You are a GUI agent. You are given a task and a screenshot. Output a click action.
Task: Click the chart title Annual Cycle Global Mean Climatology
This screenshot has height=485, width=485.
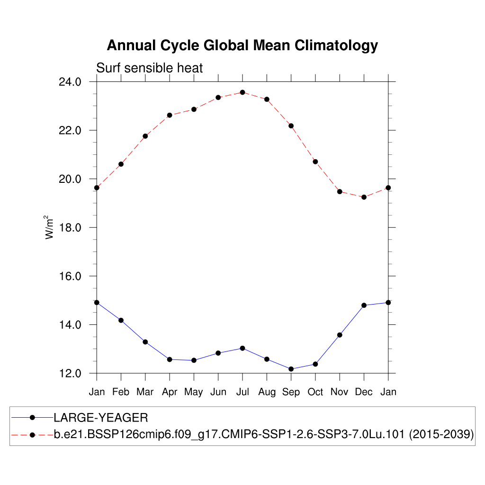(x=242, y=45)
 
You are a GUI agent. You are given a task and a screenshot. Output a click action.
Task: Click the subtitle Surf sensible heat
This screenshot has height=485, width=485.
(x=149, y=68)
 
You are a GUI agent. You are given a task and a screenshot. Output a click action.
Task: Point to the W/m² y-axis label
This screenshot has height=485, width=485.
(x=49, y=227)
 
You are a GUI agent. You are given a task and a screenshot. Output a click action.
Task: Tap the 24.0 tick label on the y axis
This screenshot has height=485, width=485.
(x=70, y=81)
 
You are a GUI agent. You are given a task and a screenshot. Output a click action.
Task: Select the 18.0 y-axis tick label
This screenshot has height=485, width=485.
(x=70, y=227)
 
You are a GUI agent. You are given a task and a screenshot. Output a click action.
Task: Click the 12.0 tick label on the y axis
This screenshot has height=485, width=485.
(x=70, y=373)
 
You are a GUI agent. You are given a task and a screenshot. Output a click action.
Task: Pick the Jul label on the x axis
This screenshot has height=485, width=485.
(x=242, y=392)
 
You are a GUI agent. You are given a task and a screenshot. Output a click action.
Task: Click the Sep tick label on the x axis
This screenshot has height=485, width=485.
(x=291, y=392)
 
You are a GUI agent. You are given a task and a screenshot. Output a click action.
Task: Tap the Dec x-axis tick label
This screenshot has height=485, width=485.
(x=364, y=392)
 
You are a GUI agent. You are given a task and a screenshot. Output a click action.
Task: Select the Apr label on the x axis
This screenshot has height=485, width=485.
(x=170, y=392)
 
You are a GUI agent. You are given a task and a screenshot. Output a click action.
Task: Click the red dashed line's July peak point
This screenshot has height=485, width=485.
(x=242, y=92)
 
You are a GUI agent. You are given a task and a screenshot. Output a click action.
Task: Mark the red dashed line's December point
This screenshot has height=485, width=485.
(x=364, y=197)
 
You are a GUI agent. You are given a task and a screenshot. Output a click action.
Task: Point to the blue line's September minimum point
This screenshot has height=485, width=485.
(x=291, y=369)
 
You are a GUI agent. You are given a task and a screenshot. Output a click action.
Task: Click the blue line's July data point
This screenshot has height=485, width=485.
(x=242, y=348)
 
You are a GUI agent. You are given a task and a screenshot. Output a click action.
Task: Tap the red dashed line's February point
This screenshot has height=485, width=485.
(x=121, y=164)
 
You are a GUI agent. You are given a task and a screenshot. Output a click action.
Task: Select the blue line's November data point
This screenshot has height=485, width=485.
(x=340, y=335)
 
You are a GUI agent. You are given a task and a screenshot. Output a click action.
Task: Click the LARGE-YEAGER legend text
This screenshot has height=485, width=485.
(x=101, y=418)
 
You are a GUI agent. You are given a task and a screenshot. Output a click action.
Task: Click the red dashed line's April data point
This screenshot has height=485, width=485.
(x=170, y=115)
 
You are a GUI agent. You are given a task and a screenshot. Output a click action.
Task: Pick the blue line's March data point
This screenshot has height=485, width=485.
(x=145, y=342)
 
